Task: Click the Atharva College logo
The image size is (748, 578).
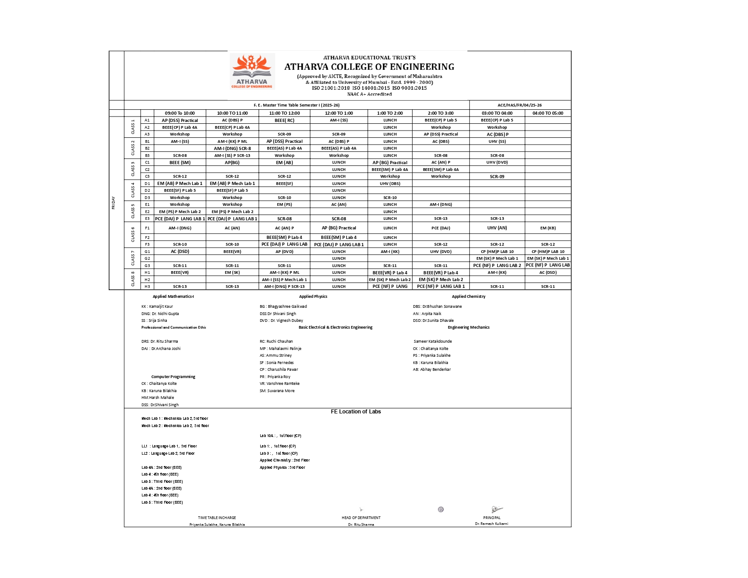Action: (252, 71)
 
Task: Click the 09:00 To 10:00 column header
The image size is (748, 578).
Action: (180, 113)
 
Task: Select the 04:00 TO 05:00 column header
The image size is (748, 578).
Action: (548, 113)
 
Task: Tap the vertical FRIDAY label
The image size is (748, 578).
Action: (113, 203)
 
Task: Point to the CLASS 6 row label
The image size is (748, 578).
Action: (133, 234)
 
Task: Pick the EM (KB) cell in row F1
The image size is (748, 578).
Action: (548, 228)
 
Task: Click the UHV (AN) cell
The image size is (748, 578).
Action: (497, 228)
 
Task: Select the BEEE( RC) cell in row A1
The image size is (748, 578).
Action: (284, 121)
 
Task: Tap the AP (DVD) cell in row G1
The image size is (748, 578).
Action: (284, 252)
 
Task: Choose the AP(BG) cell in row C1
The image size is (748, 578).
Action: (232, 162)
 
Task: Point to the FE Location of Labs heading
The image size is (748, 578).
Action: (355, 412)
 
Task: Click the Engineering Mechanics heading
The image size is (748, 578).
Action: (468, 327)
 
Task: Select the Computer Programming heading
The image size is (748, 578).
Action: (173, 377)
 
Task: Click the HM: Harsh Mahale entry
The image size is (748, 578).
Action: (157, 398)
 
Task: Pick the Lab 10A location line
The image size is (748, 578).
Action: (280, 436)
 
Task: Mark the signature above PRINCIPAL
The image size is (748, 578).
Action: (496, 510)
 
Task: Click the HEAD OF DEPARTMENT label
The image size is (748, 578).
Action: (361, 518)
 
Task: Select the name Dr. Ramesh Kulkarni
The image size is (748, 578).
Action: (491, 524)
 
